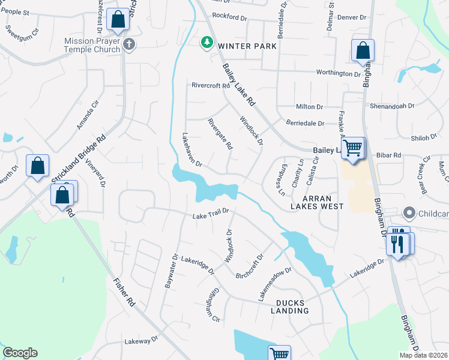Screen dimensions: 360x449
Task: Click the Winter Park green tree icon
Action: coord(206,43)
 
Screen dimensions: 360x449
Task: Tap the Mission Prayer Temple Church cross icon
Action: coord(128,44)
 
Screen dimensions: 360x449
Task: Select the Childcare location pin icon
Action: coord(409,213)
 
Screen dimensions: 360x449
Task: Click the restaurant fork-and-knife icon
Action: coord(396,243)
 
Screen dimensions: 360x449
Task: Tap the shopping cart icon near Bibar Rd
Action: coord(353,147)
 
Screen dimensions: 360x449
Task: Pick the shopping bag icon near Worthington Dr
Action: coord(363,52)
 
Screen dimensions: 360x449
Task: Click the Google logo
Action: coord(20,353)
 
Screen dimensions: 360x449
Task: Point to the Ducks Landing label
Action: coord(292,307)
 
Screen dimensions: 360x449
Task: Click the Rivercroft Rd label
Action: coord(211,86)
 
